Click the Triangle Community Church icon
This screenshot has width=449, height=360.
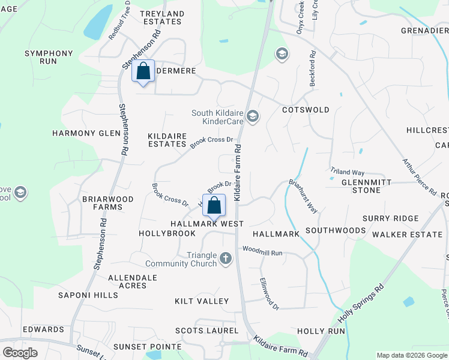point(226,259)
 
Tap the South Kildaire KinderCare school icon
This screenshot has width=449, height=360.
point(253,116)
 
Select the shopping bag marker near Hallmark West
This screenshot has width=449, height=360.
point(214,206)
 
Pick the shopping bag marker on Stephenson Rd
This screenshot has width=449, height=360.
point(143,71)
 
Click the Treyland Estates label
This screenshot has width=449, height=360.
point(161,17)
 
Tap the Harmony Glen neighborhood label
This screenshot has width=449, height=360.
point(86,133)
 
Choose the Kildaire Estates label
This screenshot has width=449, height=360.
point(167,140)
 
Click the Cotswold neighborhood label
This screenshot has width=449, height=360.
point(306,110)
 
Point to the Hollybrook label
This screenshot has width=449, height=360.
point(167,233)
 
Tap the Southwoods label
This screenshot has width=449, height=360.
point(336,230)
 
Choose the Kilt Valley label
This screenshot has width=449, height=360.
point(202,301)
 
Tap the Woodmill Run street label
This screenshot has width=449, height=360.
point(262,253)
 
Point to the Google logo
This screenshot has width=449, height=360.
point(20,352)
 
